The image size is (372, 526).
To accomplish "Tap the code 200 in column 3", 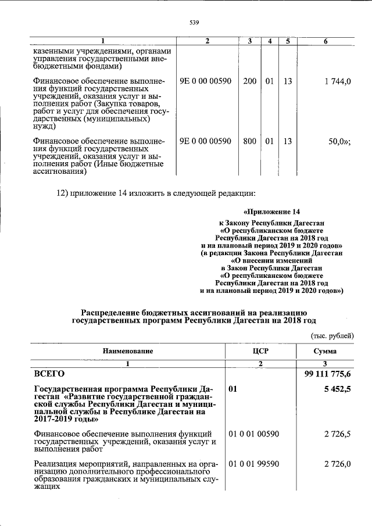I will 250,81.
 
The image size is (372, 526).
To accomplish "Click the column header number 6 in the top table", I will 325,41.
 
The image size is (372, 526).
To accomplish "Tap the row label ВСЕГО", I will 49,374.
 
